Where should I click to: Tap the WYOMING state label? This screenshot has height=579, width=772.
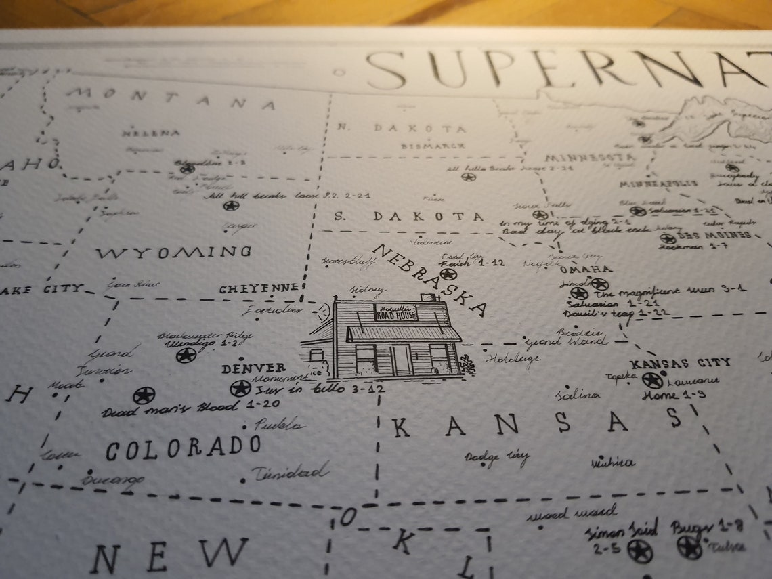point(173,253)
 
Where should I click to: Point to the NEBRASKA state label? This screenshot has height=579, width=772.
point(429,279)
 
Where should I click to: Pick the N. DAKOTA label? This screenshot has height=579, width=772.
point(402,128)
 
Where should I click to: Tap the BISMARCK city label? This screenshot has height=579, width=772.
point(433,146)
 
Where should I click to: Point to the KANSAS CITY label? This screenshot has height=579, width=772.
point(680,363)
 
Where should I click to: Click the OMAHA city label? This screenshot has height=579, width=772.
point(586,269)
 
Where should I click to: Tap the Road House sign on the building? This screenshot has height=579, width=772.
point(396,312)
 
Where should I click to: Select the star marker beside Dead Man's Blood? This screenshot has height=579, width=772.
point(144,395)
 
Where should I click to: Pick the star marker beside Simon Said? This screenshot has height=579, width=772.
point(639,551)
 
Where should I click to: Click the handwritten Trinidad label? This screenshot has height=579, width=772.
point(290,472)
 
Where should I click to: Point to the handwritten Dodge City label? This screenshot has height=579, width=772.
point(496,458)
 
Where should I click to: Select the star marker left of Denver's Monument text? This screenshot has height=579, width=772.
point(240,388)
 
